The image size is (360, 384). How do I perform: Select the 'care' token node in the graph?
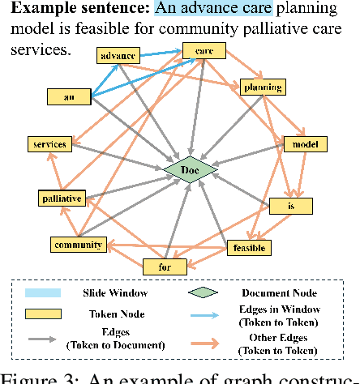(199, 51)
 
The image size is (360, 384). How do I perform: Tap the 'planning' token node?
(261, 87)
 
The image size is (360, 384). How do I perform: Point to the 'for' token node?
(165, 265)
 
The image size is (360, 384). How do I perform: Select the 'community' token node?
(77, 244)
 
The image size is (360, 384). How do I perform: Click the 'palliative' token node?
(62, 198)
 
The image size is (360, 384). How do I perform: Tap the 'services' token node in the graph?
(47, 143)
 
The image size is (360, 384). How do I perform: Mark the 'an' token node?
(69, 97)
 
